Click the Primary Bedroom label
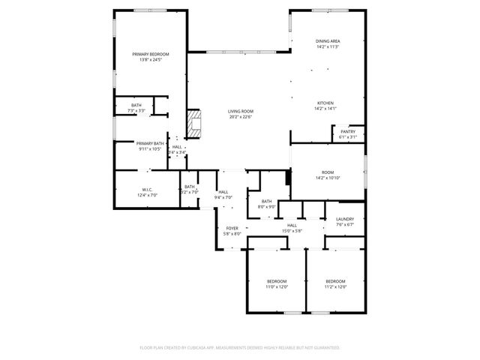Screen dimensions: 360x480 151,54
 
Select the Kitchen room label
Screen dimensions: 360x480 325,103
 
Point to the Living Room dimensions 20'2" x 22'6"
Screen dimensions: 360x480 240,117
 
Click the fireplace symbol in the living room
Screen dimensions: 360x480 195,124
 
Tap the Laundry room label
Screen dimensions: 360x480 345,220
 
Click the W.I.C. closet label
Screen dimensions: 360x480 147,189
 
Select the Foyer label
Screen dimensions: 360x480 232,228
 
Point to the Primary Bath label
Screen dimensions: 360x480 150,143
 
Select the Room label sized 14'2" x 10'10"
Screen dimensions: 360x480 328,172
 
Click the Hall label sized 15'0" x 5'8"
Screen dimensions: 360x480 292,225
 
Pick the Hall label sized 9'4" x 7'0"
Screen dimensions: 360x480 223,192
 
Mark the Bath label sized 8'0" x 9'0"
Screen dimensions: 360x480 267,201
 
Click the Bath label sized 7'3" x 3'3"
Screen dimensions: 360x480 136,105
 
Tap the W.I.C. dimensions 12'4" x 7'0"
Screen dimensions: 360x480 147,195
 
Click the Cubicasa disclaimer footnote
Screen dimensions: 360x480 240,347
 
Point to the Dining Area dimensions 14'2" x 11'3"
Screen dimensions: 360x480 328,46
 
